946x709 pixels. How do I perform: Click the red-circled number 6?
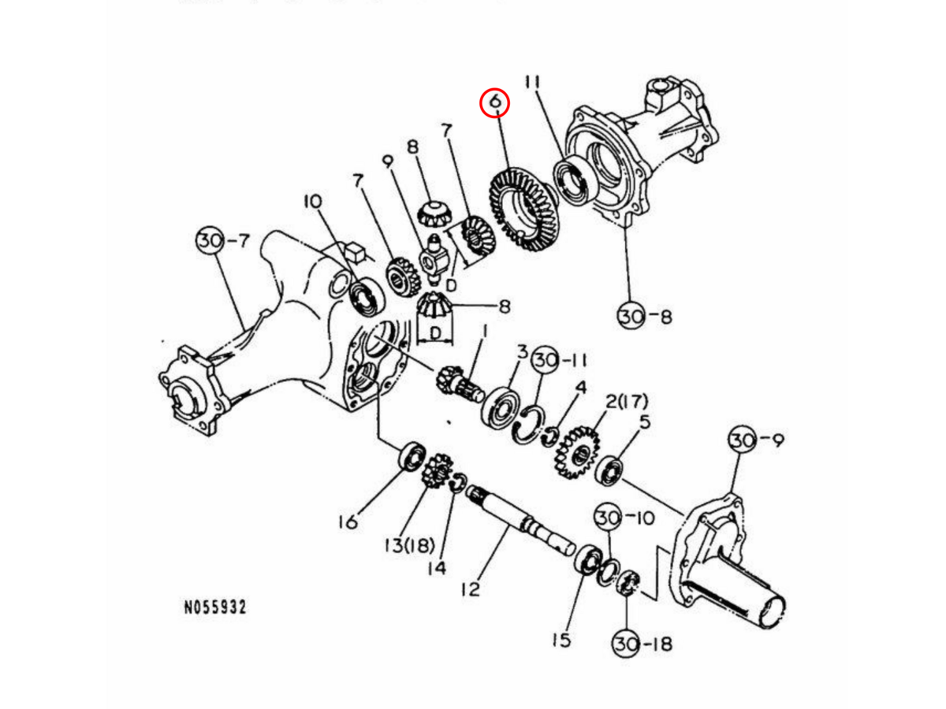tap(496, 102)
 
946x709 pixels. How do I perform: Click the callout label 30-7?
tap(223, 240)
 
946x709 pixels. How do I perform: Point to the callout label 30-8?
tap(644, 317)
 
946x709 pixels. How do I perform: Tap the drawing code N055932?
tap(215, 607)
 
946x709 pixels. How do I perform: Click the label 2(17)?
tap(626, 403)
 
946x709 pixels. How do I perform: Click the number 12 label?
tap(471, 588)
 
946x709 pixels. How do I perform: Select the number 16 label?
tap(348, 521)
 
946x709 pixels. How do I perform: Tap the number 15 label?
tap(561, 639)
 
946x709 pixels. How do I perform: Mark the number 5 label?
tap(645, 422)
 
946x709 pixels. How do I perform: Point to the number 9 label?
tap(387, 161)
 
